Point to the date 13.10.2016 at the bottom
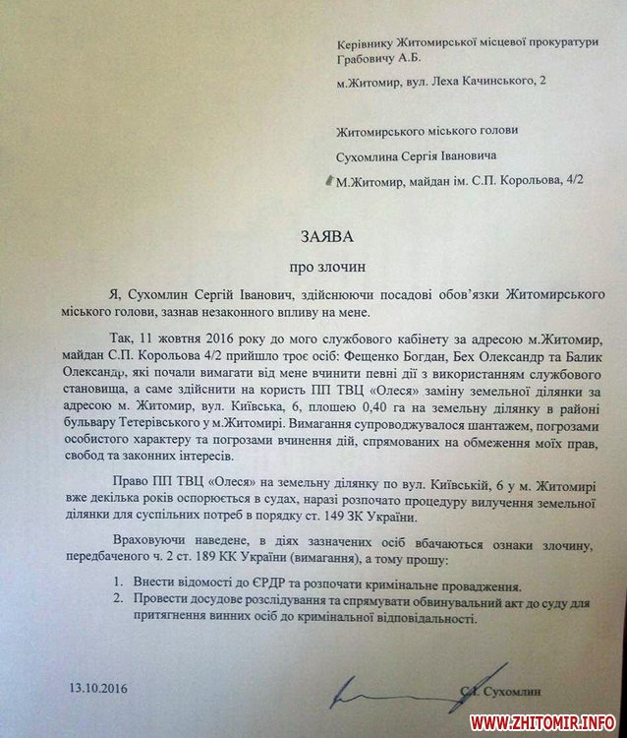[98, 688]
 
